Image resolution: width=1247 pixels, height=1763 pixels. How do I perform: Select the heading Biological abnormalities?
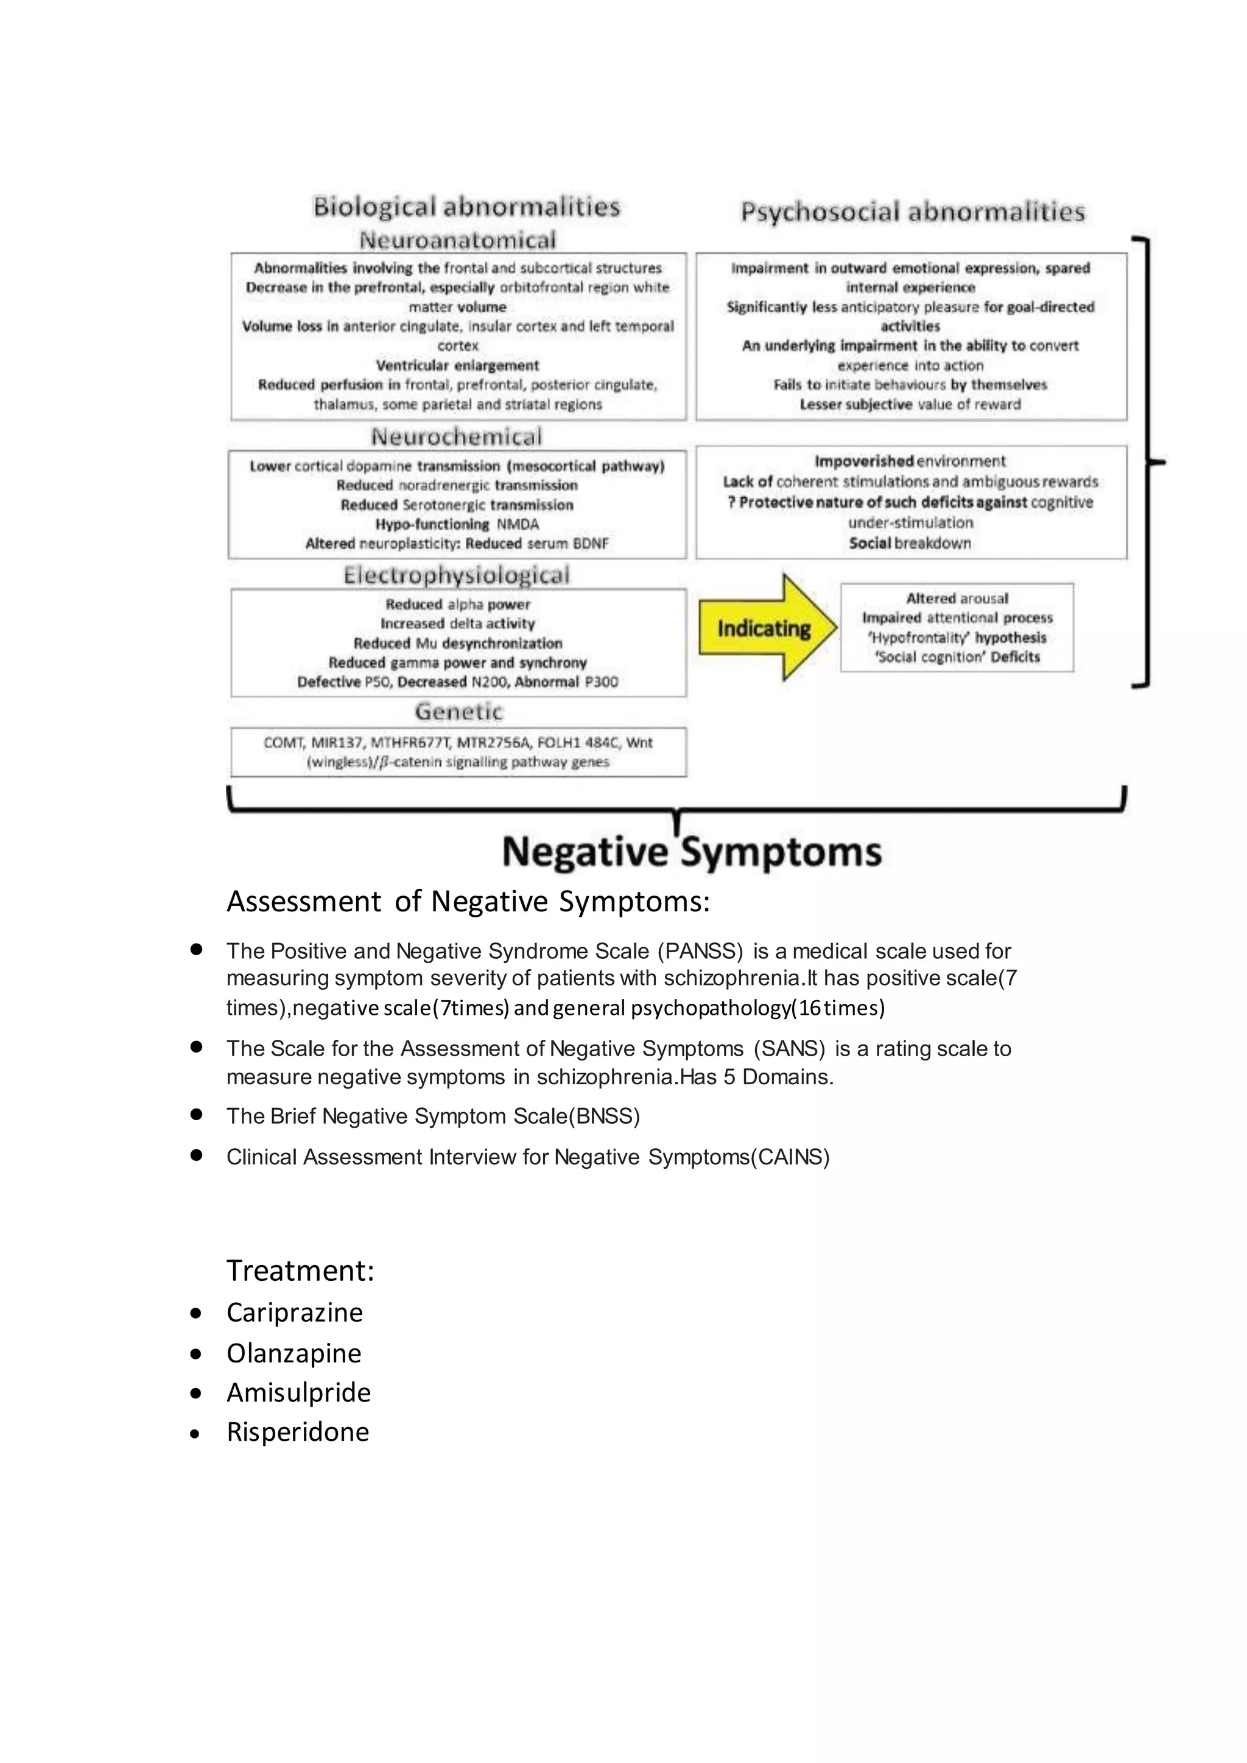tap(466, 206)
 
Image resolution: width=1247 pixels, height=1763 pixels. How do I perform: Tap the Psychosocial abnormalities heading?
tap(912, 211)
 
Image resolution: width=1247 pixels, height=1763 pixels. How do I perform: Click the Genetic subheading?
tap(458, 711)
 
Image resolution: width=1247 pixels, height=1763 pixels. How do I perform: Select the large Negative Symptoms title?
tap(692, 852)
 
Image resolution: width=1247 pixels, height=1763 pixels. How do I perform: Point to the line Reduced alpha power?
tap(458, 605)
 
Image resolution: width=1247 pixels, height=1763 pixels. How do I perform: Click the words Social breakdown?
tap(910, 543)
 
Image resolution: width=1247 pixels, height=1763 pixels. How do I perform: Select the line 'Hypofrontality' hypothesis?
tap(957, 637)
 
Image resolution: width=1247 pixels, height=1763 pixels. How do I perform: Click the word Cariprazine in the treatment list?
tap(294, 1313)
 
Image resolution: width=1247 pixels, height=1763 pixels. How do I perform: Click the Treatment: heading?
tap(300, 1271)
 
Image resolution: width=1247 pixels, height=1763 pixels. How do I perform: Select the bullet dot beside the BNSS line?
tap(196, 1114)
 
